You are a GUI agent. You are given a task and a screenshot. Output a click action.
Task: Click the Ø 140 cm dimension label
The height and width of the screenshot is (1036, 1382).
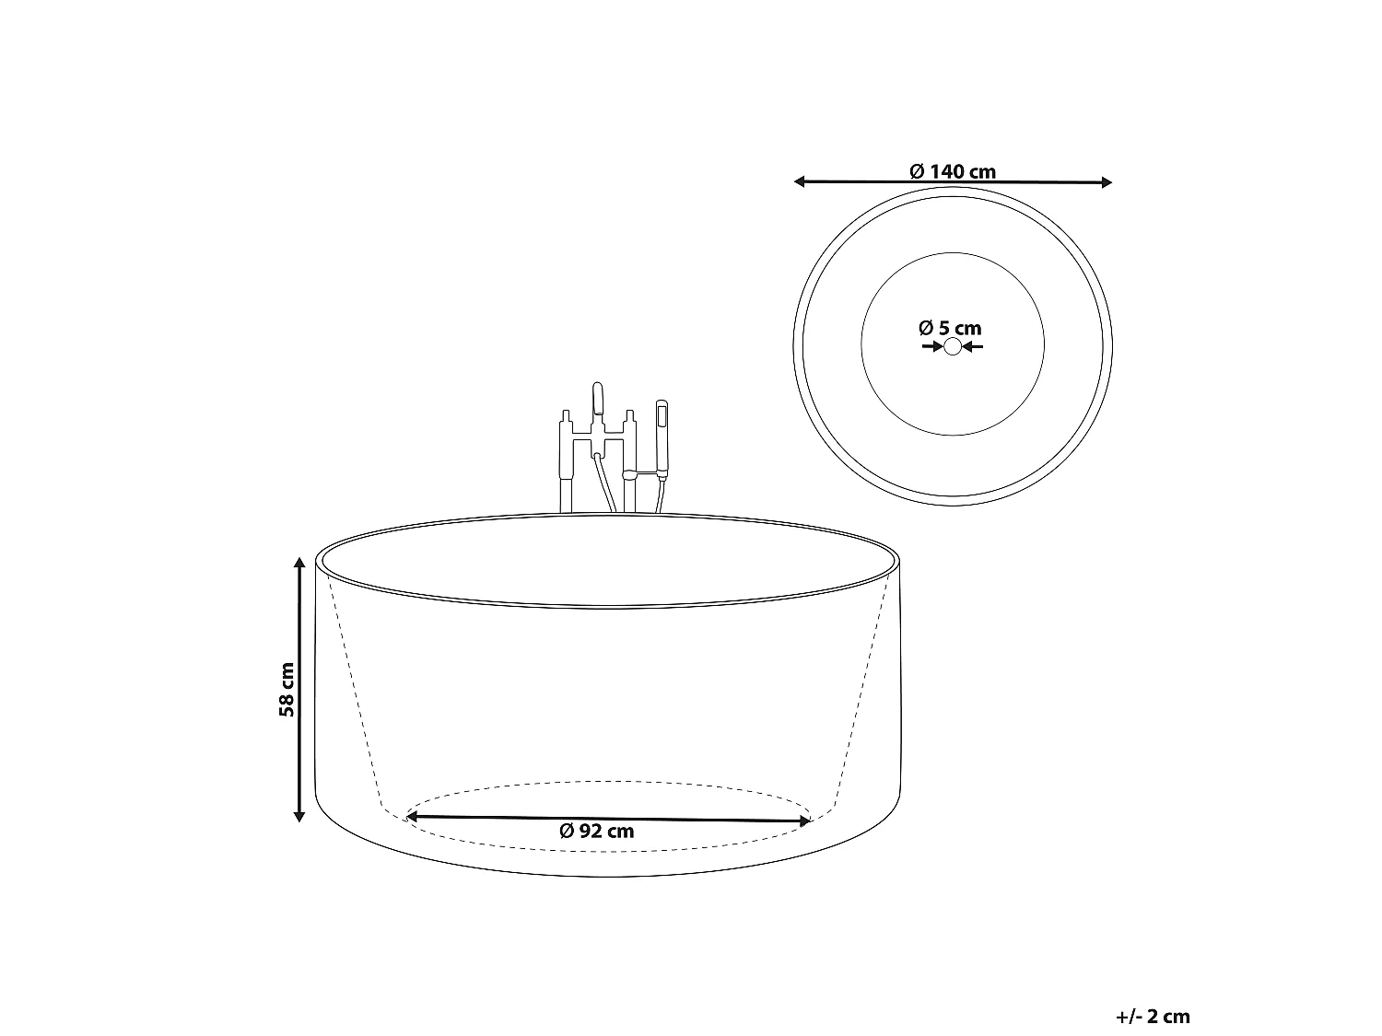point(953,171)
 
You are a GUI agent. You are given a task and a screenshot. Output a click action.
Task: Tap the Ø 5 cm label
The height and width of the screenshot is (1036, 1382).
point(950,328)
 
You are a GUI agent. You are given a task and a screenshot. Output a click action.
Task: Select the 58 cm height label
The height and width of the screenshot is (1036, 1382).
point(287,690)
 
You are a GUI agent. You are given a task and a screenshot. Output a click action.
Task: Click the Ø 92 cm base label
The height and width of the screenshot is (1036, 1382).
point(597,831)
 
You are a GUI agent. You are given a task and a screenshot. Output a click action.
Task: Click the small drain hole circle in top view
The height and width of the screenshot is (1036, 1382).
point(953,346)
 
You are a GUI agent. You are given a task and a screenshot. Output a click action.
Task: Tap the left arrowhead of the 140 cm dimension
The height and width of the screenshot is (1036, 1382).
point(799,181)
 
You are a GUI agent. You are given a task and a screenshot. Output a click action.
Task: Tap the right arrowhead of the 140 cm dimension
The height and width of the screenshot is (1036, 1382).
point(1107,182)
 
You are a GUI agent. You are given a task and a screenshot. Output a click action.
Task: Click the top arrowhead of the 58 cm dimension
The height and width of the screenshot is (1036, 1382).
point(299,563)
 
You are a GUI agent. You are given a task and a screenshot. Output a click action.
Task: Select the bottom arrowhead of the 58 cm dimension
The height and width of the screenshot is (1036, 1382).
point(299,817)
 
